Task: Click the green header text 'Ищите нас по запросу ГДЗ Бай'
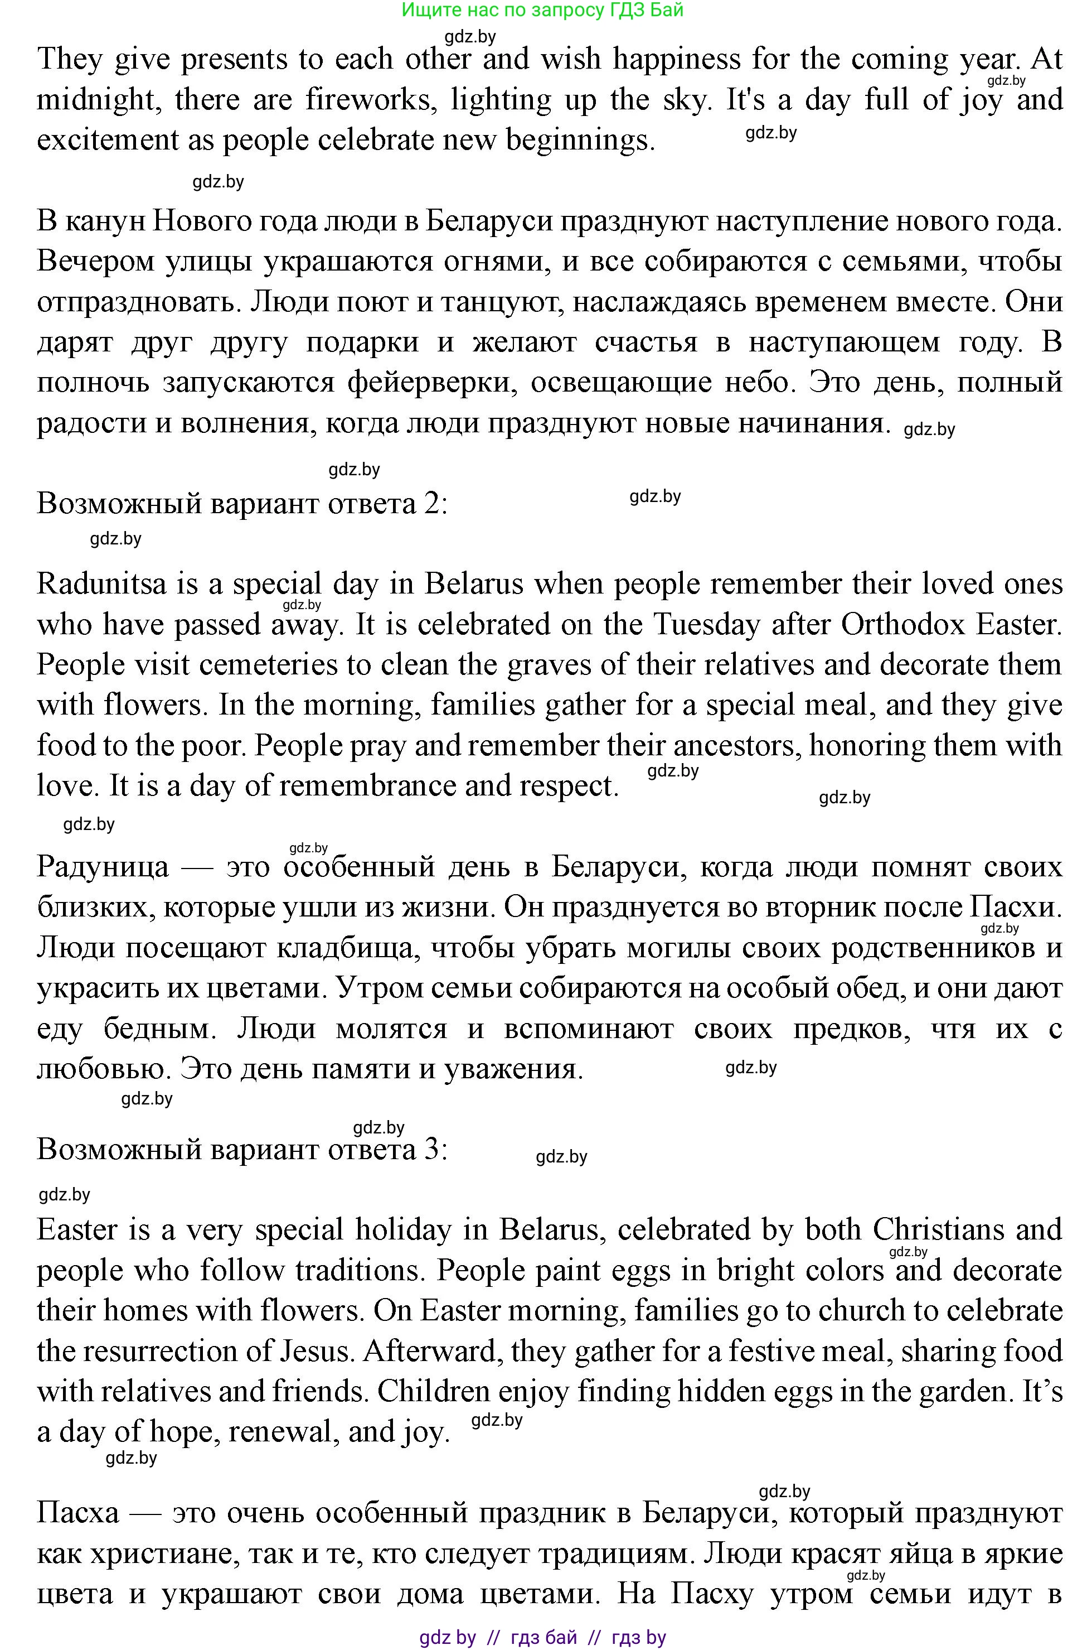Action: pos(542,9)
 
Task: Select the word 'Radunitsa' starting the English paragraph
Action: pos(102,584)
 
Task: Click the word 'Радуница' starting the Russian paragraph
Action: pos(103,867)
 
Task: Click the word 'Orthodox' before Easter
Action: pos(902,625)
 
